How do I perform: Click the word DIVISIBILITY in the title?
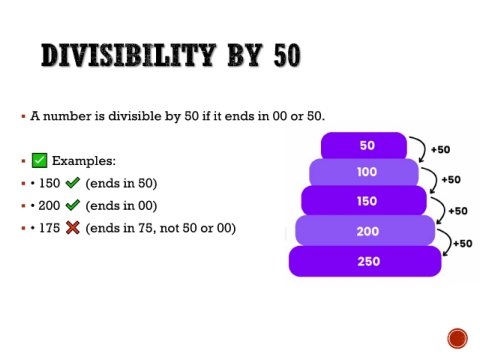point(128,55)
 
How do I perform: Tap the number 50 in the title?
point(287,55)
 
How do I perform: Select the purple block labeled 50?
point(364,145)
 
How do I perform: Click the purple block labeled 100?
point(364,172)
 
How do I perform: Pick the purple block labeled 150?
point(364,201)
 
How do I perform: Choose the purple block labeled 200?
point(365,231)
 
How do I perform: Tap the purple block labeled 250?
point(365,261)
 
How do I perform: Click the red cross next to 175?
point(73,228)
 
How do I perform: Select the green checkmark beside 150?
point(73,183)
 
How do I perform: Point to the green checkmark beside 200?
point(73,205)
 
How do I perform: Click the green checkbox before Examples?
point(39,160)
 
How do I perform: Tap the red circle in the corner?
point(458,338)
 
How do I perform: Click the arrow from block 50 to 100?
point(424,147)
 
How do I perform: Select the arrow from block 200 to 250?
point(450,241)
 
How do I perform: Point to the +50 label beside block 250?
point(462,243)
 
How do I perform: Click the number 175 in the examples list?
point(50,228)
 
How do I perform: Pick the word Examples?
point(84,161)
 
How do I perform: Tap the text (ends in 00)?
point(121,206)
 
